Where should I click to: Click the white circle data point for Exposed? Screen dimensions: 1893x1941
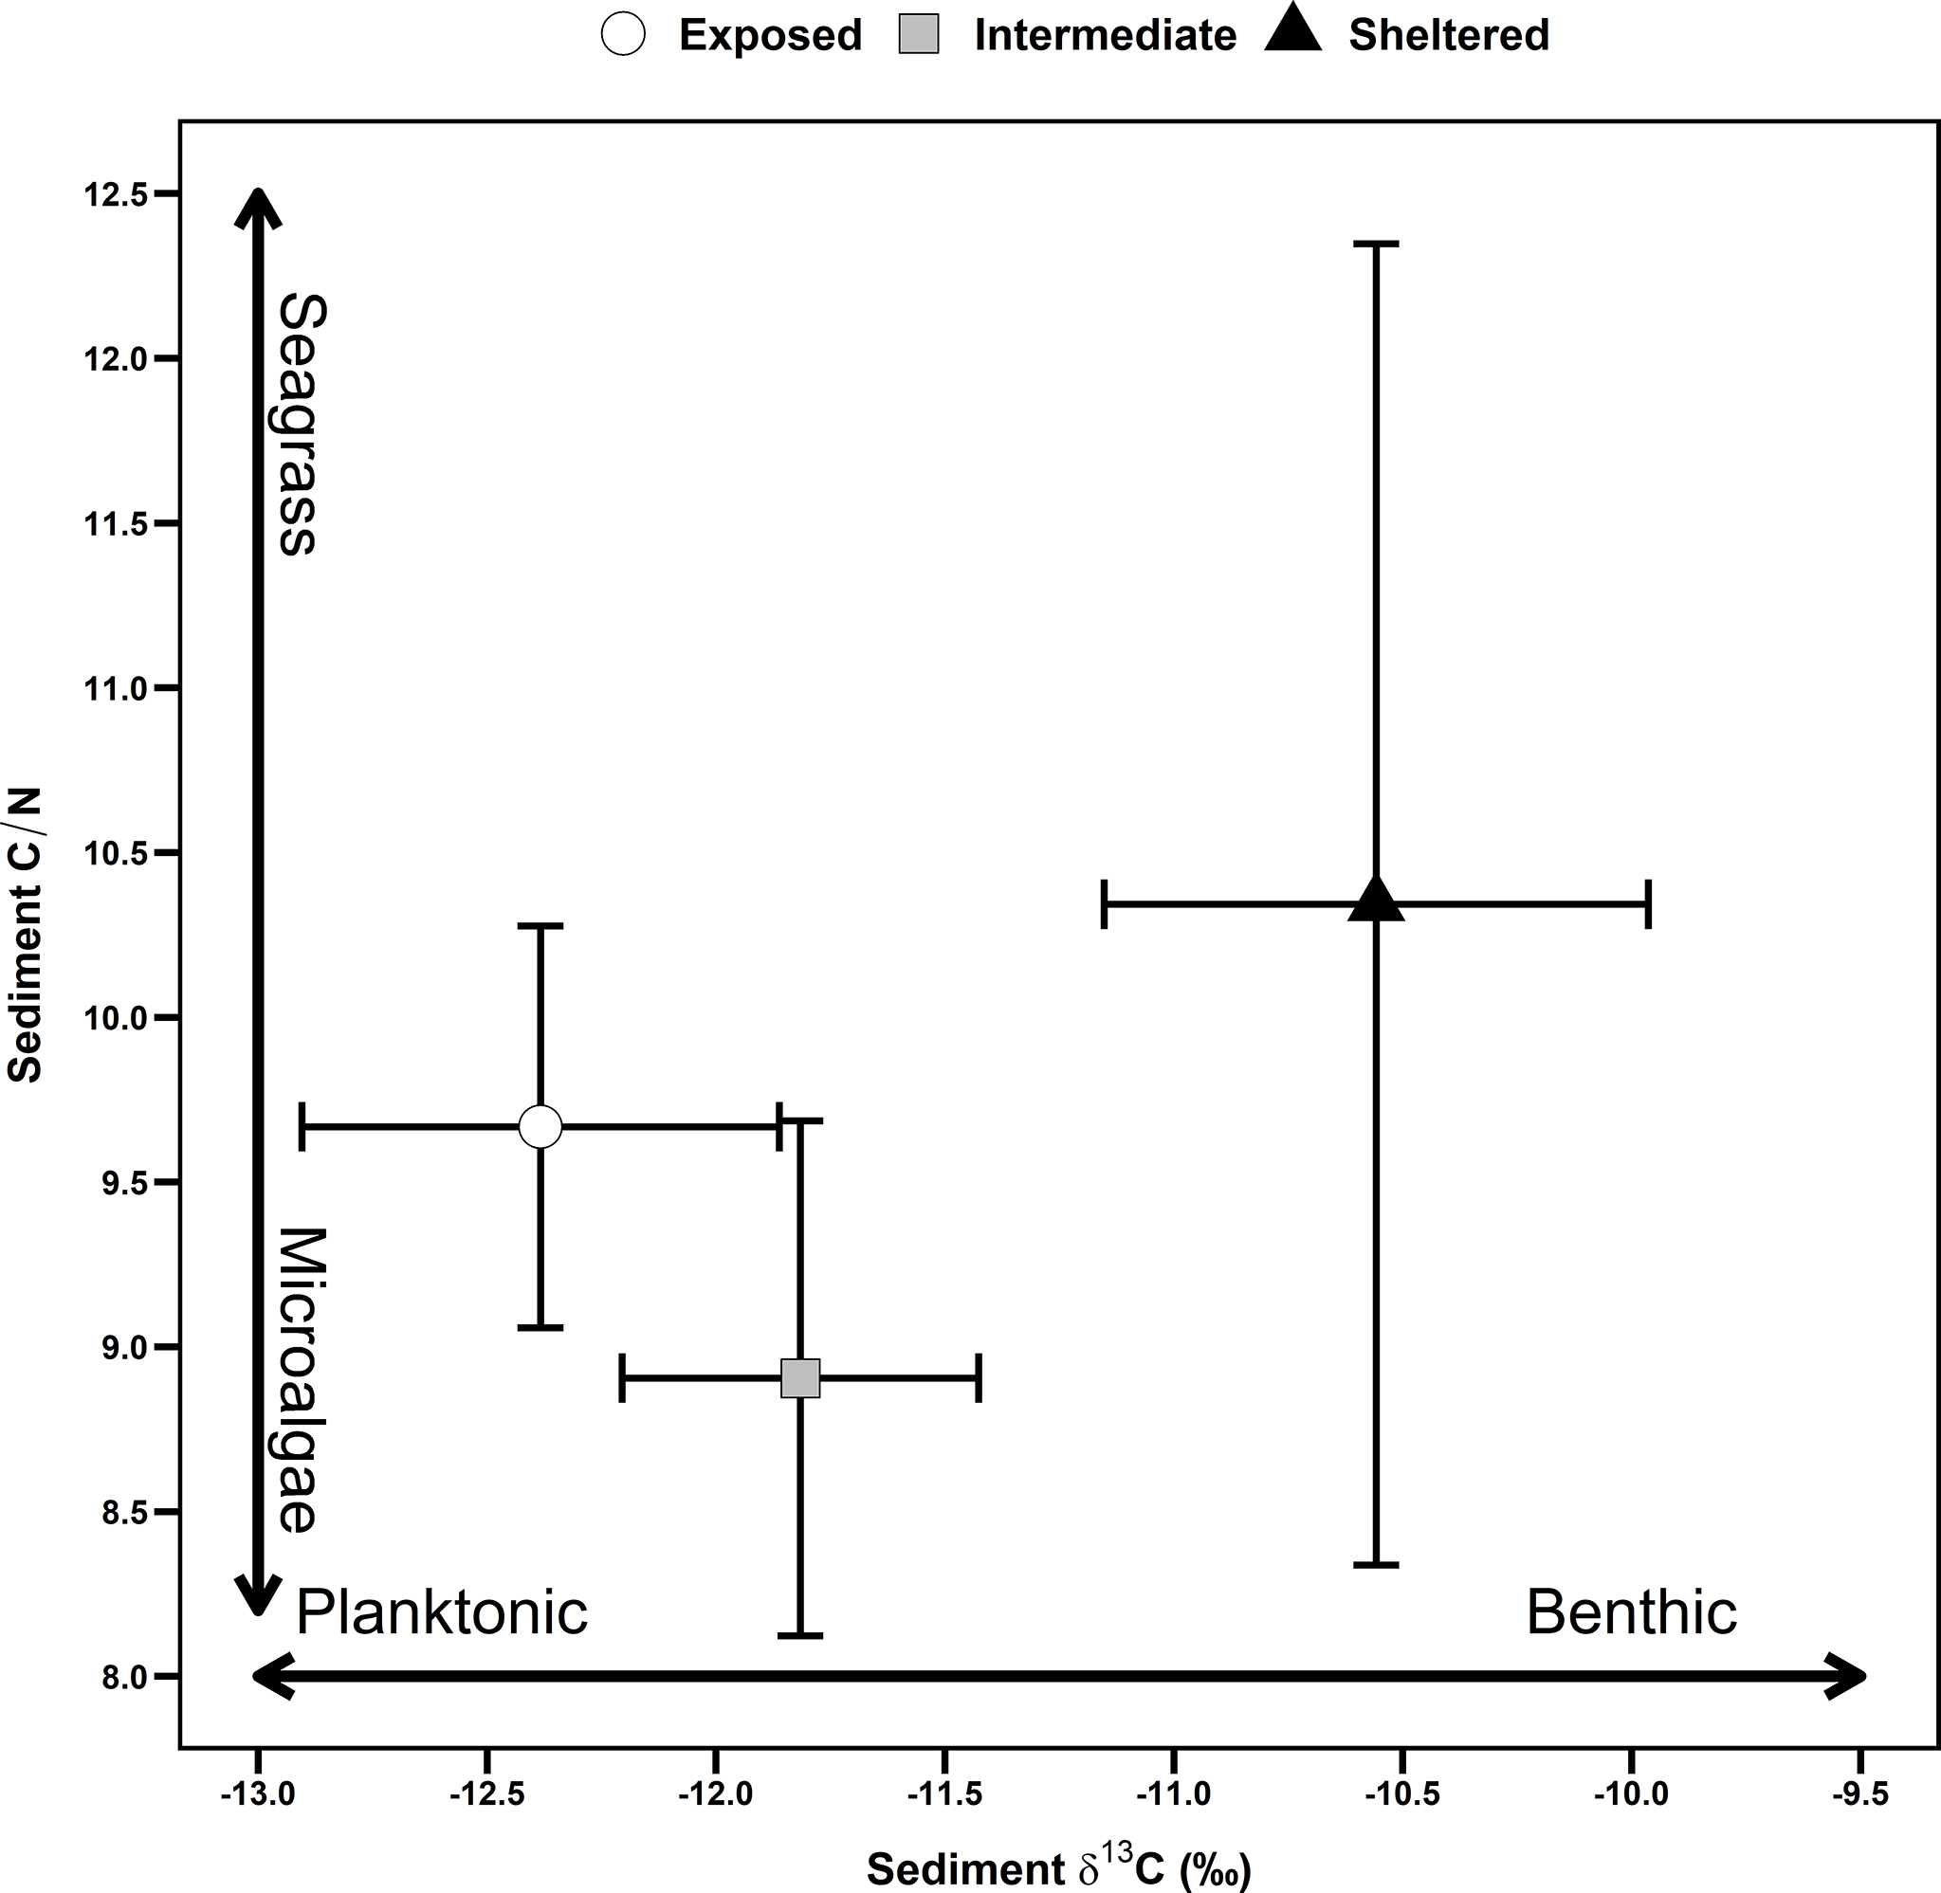pyautogui.click(x=540, y=1126)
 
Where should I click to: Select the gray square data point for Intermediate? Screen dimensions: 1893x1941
pyautogui.click(x=800, y=1378)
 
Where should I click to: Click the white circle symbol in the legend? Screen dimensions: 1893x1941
pyautogui.click(x=624, y=35)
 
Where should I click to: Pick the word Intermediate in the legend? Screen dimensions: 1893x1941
pyautogui.click(x=1105, y=36)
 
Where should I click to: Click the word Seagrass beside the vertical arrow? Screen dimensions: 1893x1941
pyautogui.click(x=300, y=424)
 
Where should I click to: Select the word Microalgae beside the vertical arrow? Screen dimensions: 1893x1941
pyautogui.click(x=300, y=1380)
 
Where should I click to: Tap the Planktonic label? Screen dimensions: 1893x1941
pyautogui.click(x=442, y=1611)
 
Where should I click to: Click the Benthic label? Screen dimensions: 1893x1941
pyautogui.click(x=1631, y=1611)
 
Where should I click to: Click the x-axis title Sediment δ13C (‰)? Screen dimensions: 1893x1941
pyautogui.click(x=1059, y=1867)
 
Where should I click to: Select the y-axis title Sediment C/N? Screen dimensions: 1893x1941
pyautogui.click(x=25, y=935)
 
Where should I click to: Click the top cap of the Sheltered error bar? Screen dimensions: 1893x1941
pyautogui.click(x=1376, y=244)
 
